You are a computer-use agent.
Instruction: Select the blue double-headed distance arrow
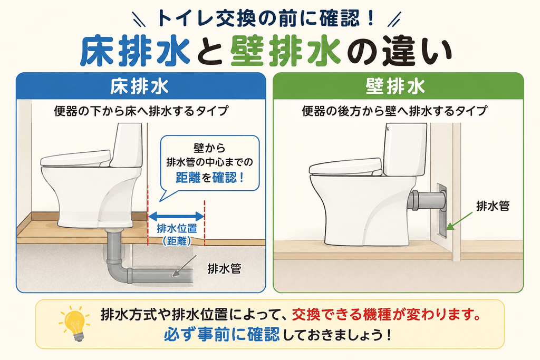click(x=176, y=217)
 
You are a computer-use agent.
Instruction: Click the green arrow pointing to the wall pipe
click(x=459, y=221)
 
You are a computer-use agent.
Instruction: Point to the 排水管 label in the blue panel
click(x=224, y=268)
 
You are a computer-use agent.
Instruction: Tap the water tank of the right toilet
click(x=406, y=149)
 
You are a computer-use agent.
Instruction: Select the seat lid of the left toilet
click(x=75, y=159)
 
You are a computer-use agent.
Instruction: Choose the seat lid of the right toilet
click(x=345, y=167)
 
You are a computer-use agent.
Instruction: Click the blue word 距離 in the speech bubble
click(x=188, y=178)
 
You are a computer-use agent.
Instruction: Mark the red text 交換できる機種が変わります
click(x=386, y=314)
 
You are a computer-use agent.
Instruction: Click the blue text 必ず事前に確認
click(x=221, y=334)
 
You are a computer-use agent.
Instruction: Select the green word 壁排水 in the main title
click(x=285, y=52)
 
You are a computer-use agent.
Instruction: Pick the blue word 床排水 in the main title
click(x=136, y=52)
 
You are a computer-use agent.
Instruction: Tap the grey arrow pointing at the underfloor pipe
click(x=184, y=266)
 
